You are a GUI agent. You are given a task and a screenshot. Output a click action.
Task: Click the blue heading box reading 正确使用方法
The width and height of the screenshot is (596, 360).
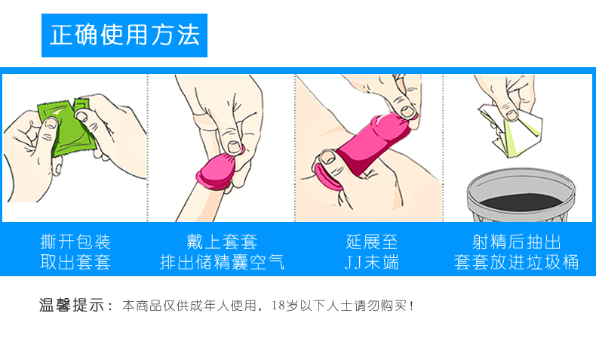pos(124,35)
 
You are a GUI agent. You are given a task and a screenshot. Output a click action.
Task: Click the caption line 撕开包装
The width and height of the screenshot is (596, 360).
pos(75,242)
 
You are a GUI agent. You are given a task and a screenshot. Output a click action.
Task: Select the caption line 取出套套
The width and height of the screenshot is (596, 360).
pos(75,263)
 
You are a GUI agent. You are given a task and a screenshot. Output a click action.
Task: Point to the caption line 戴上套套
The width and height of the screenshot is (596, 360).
pos(222,242)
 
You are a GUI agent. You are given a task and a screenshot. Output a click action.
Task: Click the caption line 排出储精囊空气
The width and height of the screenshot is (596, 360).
pos(222,263)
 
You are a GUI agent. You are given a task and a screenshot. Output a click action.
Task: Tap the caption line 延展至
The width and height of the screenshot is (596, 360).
pos(371,242)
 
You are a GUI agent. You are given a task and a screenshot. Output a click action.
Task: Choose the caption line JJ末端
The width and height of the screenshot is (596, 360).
pos(371,263)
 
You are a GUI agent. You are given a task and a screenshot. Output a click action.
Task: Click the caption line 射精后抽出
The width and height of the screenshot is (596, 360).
pos(517,242)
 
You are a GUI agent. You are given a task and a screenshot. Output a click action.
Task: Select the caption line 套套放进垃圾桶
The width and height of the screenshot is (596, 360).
pos(517,263)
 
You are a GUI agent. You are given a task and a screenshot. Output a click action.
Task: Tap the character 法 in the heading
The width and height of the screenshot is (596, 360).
pos(189,35)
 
